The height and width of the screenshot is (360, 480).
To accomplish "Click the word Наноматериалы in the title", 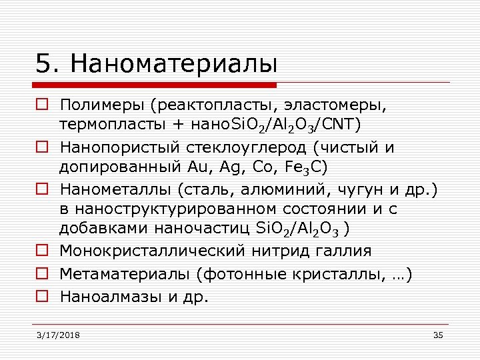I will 174,64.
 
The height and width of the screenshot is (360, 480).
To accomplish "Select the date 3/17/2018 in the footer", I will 58,335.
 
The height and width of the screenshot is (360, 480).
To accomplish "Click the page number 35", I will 437,335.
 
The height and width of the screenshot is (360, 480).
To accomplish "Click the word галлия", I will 344,251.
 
